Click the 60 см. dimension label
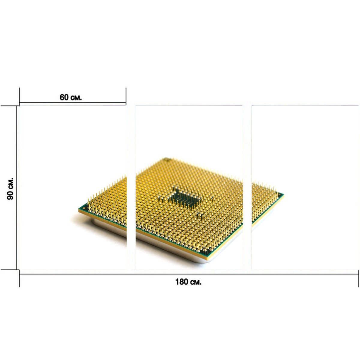click(x=70, y=97)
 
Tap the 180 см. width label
click(x=188, y=282)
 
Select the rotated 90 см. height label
click(x=10, y=189)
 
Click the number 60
click(x=64, y=97)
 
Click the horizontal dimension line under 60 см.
click(x=73, y=102)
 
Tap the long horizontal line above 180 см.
click(x=189, y=274)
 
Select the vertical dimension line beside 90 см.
click(x=16, y=188)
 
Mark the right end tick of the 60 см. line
click(x=126, y=96)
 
